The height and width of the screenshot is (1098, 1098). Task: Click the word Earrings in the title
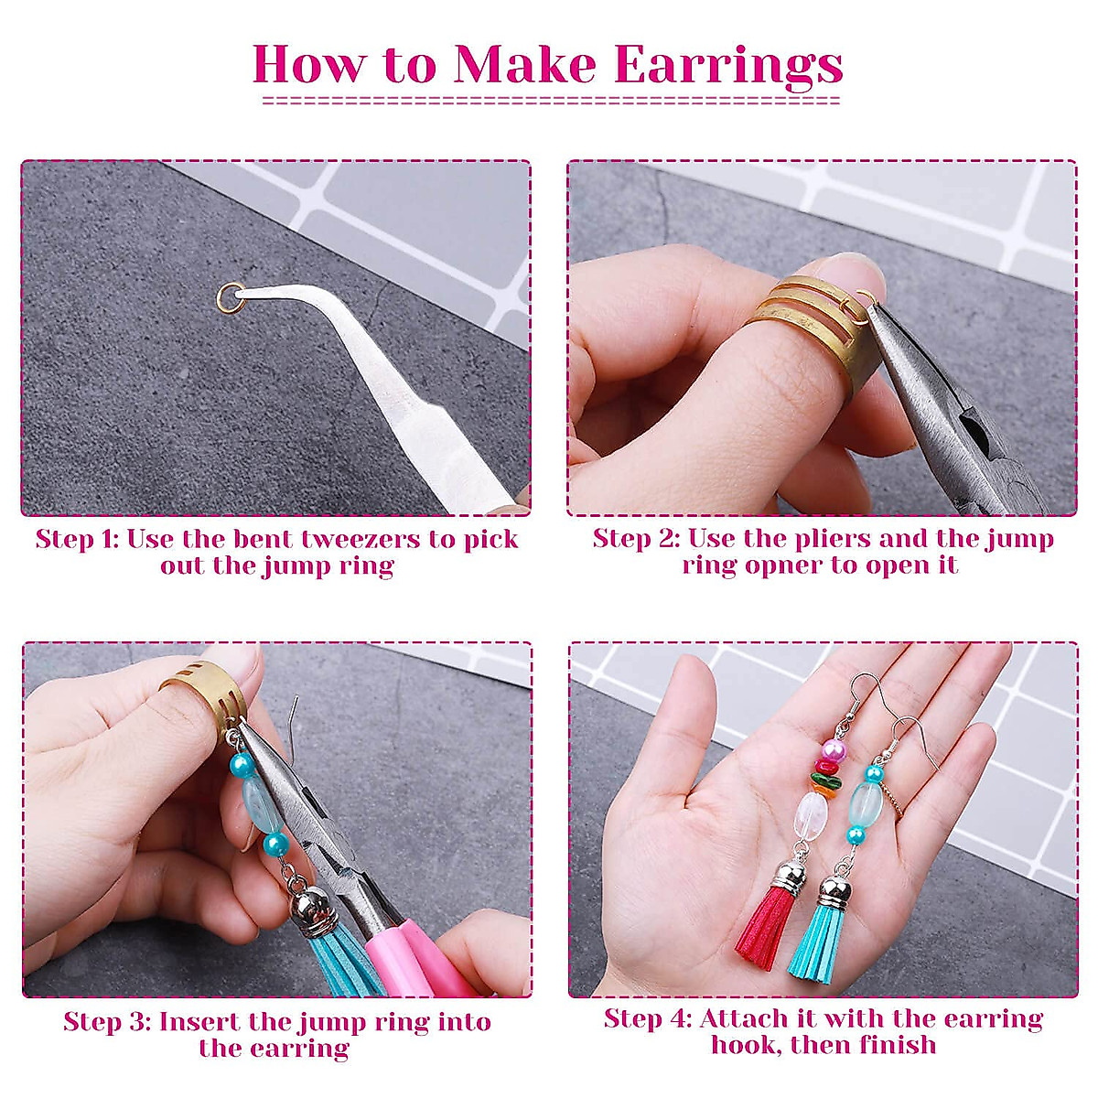point(728,64)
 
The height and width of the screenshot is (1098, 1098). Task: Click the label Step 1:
point(77,539)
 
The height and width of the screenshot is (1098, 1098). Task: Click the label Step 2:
point(635,538)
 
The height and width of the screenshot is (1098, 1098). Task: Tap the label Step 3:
point(106,1022)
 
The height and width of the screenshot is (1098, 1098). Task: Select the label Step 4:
point(647,1018)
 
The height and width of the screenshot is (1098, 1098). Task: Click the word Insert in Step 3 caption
point(200,1022)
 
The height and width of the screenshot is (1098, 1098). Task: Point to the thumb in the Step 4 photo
point(682,723)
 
